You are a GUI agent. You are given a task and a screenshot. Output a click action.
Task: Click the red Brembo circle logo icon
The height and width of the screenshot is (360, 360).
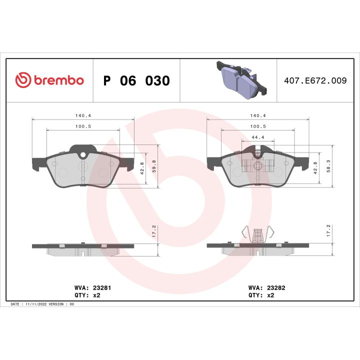[23, 80]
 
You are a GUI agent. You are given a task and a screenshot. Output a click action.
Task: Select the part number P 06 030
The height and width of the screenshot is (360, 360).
[136, 80]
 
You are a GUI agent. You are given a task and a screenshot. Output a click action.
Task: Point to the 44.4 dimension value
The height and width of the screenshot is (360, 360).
[258, 137]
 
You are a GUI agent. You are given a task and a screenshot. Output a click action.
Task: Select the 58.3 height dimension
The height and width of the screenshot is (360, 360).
[328, 166]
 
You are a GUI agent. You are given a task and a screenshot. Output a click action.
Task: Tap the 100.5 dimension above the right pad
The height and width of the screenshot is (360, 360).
[258, 126]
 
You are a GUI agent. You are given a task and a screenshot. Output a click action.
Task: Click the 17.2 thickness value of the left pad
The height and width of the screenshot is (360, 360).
[154, 231]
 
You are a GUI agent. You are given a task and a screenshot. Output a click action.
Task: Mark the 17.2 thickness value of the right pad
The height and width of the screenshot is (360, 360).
[328, 231]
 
